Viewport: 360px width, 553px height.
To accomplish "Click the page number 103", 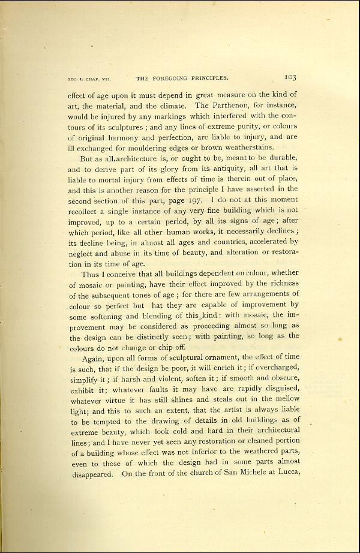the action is (291, 77).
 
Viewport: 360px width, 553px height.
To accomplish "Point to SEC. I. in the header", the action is (76, 79).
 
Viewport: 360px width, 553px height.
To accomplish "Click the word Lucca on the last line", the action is (286, 473).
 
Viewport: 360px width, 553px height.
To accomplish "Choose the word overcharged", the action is (273, 365).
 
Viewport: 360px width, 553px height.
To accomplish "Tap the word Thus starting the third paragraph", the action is (89, 274).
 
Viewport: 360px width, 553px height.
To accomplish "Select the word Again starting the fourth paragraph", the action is (92, 355).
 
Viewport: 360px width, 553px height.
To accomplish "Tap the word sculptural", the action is (176, 355).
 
